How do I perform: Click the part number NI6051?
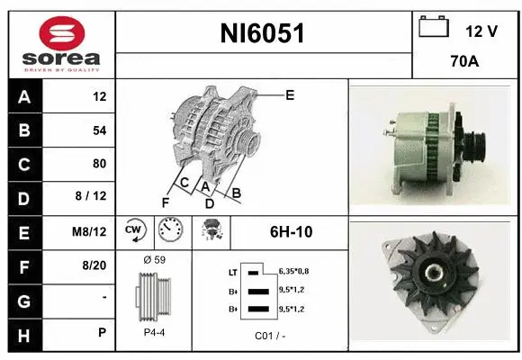pos(263,33)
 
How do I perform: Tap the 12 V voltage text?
pos(481,31)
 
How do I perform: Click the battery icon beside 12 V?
pos(434,28)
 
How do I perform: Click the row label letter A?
pos(23,97)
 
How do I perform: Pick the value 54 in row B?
pos(99,130)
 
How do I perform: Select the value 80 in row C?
pos(99,164)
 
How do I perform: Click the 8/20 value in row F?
pos(94,265)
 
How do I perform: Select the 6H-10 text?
pos(291,231)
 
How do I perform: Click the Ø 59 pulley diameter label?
pos(154,260)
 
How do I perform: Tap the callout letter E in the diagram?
pos(289,94)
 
